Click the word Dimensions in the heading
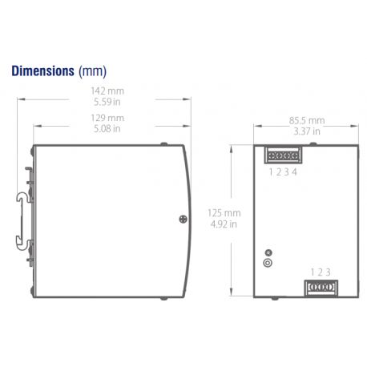point(42,71)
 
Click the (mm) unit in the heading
point(93,71)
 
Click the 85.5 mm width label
point(307,120)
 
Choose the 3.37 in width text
point(305,131)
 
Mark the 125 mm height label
point(224,213)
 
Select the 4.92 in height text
point(223,224)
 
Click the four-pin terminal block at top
point(283,155)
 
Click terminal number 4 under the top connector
point(296,171)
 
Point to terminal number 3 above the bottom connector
point(328,272)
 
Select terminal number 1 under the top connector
point(271,171)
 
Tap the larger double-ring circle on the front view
point(268,262)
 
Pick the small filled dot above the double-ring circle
point(268,252)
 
